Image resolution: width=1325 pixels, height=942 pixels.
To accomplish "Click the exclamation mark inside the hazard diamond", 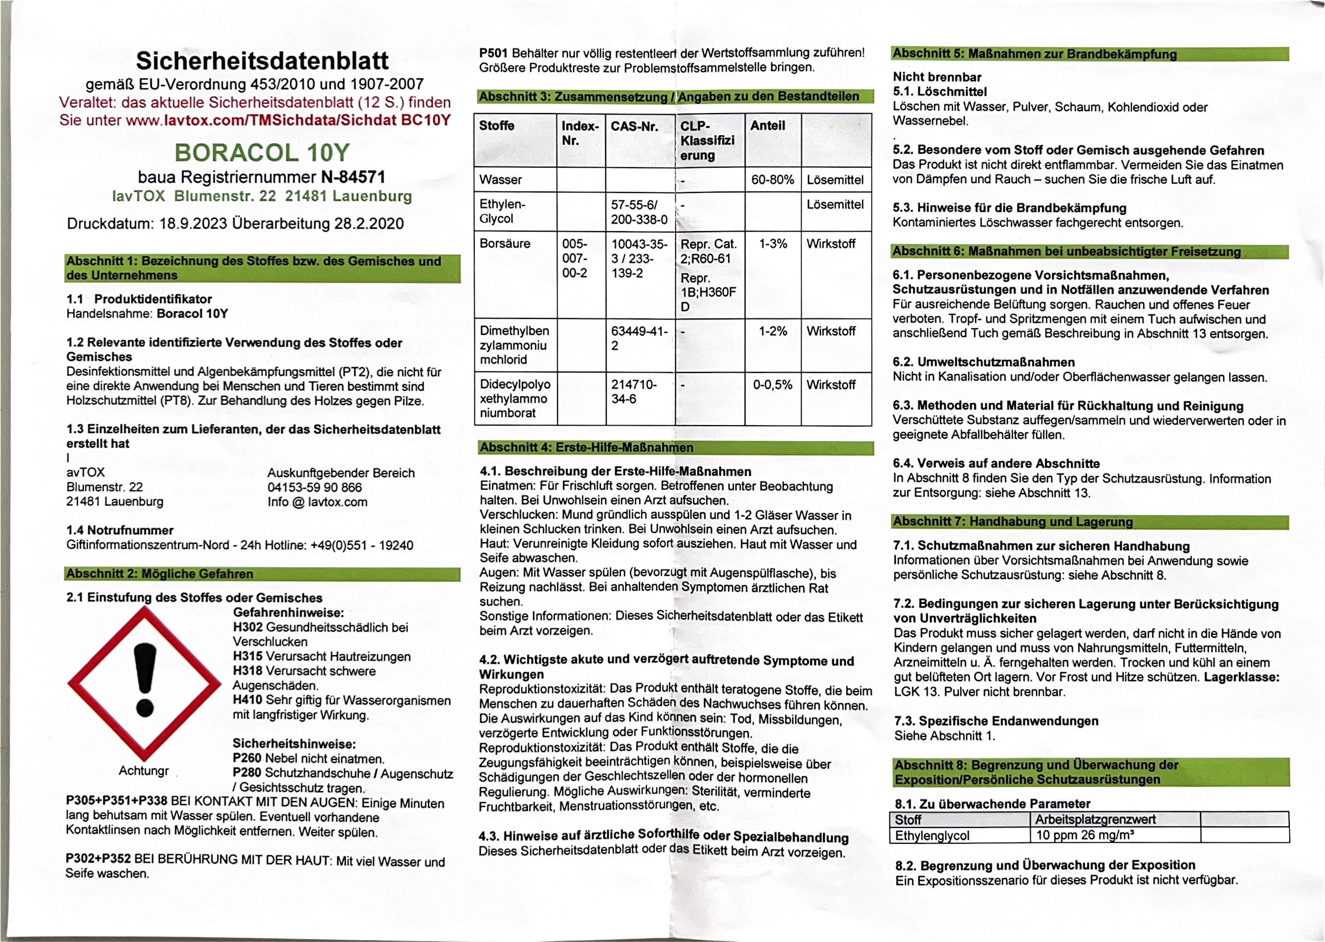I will pyautogui.click(x=144, y=679).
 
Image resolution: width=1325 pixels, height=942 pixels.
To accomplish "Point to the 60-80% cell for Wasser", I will pyautogui.click(x=772, y=180).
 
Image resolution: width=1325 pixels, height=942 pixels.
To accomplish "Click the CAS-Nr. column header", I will pyautogui.click(x=634, y=126).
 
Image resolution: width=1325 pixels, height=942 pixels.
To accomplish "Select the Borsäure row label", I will pyautogui.click(x=505, y=244).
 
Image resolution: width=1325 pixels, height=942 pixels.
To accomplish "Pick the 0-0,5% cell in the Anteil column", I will pyautogui.click(x=772, y=384).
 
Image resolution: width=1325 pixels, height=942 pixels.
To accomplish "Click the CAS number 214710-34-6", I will pyautogui.click(x=633, y=391).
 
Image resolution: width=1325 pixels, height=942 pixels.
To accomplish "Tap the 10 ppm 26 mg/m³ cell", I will pyautogui.click(x=1084, y=835).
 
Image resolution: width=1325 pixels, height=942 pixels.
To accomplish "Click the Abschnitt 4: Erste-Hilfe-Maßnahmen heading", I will pyautogui.click(x=586, y=447).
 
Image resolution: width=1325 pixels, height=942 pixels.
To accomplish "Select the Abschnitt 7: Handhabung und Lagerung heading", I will pyautogui.click(x=1012, y=521).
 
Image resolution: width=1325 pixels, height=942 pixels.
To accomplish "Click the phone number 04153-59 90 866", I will pyautogui.click(x=315, y=487).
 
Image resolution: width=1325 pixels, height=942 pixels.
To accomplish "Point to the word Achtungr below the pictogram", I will pyautogui.click(x=143, y=770).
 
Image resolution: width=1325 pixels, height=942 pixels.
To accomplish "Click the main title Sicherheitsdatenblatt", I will pyautogui.click(x=262, y=61).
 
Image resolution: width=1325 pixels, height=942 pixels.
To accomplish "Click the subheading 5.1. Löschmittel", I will pyautogui.click(x=939, y=92).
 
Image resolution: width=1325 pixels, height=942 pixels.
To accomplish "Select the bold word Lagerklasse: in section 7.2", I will pyautogui.click(x=1242, y=677).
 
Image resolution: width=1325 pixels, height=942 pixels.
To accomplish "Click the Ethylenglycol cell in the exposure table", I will pyautogui.click(x=932, y=835).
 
